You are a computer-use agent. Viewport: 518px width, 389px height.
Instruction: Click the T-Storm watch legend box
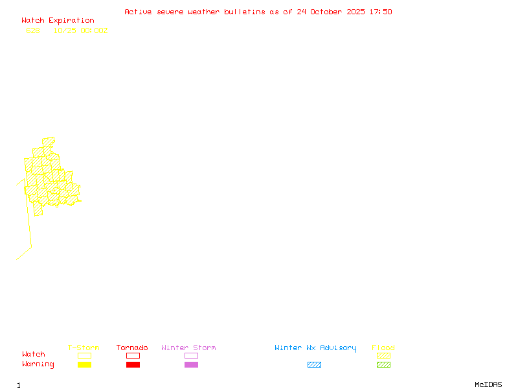[x=84, y=355]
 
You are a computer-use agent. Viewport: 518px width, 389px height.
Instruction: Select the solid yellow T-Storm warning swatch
[x=84, y=364]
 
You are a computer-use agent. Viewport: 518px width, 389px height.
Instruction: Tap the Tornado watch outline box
[x=133, y=355]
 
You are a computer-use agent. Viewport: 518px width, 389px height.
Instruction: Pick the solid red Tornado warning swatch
[x=133, y=364]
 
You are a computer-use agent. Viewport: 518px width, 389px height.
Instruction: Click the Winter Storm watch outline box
[x=191, y=355]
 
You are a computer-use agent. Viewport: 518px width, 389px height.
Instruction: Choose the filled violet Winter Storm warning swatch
[x=191, y=364]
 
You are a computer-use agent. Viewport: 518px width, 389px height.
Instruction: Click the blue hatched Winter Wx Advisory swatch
[x=314, y=364]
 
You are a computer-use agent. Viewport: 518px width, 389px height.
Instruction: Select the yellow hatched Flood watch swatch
[x=383, y=355]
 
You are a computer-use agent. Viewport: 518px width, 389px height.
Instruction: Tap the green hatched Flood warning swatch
[x=383, y=364]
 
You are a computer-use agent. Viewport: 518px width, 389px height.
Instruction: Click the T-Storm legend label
[x=84, y=348]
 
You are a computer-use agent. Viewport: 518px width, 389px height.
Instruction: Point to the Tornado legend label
[x=132, y=348]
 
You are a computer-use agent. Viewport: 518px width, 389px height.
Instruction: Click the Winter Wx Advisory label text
[x=315, y=348]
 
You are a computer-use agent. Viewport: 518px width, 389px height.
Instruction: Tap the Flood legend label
[x=383, y=348]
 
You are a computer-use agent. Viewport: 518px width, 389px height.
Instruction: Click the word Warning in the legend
[x=38, y=364]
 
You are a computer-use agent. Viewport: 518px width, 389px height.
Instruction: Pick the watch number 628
[x=33, y=30]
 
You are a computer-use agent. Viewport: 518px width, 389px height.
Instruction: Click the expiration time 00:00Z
[x=94, y=30]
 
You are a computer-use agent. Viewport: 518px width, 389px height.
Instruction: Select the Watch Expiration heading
[x=58, y=21]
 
